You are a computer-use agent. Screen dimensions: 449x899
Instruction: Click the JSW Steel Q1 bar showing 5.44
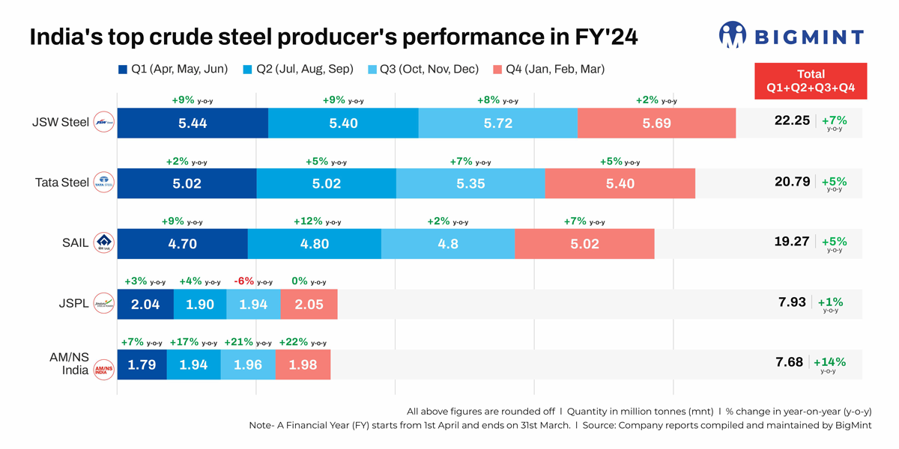(x=193, y=123)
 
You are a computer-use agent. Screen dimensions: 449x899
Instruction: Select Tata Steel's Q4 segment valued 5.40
(x=620, y=183)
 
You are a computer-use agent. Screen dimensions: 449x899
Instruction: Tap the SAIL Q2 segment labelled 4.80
(x=314, y=244)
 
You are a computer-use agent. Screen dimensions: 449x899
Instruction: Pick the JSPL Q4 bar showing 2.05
(x=309, y=304)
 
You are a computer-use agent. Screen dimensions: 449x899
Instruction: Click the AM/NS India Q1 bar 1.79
(x=142, y=365)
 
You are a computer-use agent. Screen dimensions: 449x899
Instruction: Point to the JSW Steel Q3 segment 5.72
(x=497, y=123)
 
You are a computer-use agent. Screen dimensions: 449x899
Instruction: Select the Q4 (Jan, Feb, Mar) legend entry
(x=548, y=70)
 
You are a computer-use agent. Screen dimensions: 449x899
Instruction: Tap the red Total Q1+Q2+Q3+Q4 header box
(x=811, y=81)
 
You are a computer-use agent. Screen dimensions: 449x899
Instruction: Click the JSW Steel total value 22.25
(x=792, y=120)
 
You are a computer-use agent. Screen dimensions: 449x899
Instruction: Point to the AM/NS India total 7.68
(x=789, y=362)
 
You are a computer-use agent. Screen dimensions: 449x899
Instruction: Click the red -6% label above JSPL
(x=245, y=281)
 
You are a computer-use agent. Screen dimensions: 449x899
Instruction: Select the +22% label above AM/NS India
(x=292, y=342)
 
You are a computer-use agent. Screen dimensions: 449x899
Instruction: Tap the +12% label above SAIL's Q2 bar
(x=309, y=222)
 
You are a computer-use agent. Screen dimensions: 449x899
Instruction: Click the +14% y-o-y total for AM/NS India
(x=829, y=363)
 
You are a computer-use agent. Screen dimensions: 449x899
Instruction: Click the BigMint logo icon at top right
(x=732, y=34)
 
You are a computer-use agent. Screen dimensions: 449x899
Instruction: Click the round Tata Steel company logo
(x=103, y=183)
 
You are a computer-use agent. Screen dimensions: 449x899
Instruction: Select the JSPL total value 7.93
(x=793, y=302)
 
